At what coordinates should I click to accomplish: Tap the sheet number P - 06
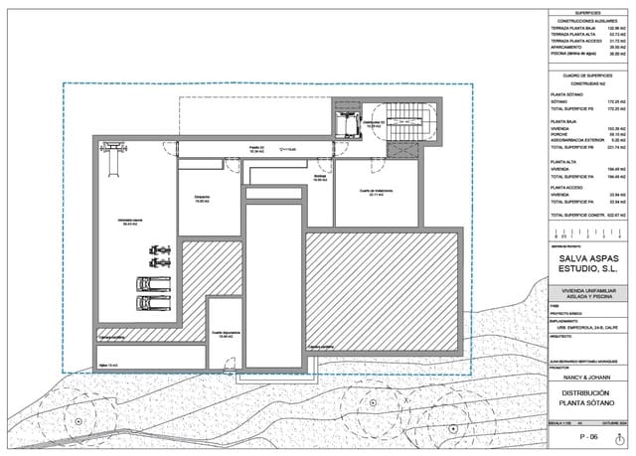pyautogui.click(x=590, y=436)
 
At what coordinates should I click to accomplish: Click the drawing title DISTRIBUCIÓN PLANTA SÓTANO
pyautogui.click(x=590, y=400)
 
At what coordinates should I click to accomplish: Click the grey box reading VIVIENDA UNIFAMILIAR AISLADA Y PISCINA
pyautogui.click(x=590, y=295)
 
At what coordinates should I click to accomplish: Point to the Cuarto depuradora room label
pyautogui.click(x=225, y=335)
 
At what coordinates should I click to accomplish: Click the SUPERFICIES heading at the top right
pyautogui.click(x=590, y=13)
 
